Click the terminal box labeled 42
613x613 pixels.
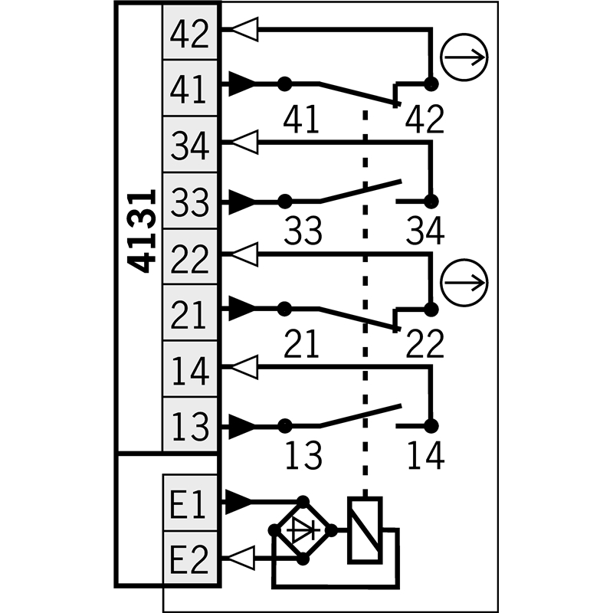[190, 32]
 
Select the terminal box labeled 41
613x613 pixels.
[190, 88]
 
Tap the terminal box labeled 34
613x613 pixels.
[190, 144]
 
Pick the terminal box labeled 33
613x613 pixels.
[190, 201]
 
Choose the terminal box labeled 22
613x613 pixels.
[190, 257]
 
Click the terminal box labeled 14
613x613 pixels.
[190, 369]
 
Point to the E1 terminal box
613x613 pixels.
[190, 503]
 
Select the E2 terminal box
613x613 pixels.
[190, 559]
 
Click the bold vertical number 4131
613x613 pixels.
[142, 231]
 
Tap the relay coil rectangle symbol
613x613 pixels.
[365, 530]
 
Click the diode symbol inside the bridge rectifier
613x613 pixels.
[303, 530]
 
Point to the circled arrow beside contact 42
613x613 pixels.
[464, 57]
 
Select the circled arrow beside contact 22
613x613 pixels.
[464, 282]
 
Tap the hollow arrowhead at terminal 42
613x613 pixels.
[244, 29]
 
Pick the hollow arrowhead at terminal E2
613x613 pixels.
[241, 558]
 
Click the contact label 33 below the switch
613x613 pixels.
[303, 231]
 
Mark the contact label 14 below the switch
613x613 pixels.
[425, 455]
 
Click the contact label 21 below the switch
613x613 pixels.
[301, 343]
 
